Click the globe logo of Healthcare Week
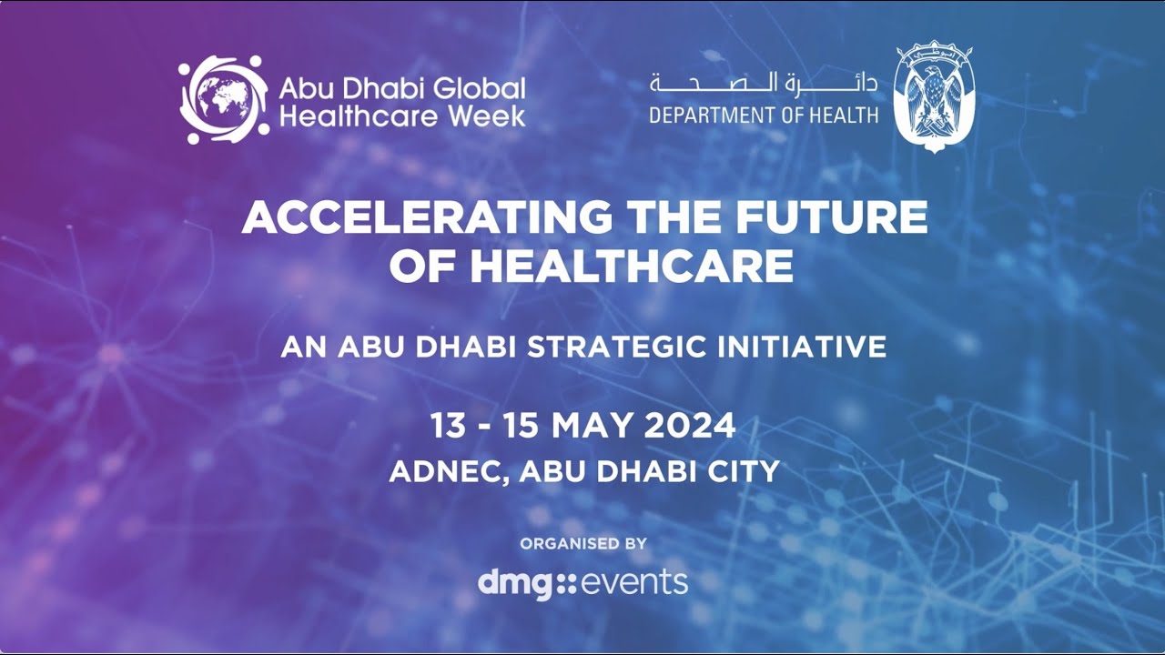224,99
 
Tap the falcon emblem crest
934,96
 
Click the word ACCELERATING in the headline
427,217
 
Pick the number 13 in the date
448,426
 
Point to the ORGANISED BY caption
583,544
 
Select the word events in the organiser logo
634,583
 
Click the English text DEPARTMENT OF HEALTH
764,115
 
